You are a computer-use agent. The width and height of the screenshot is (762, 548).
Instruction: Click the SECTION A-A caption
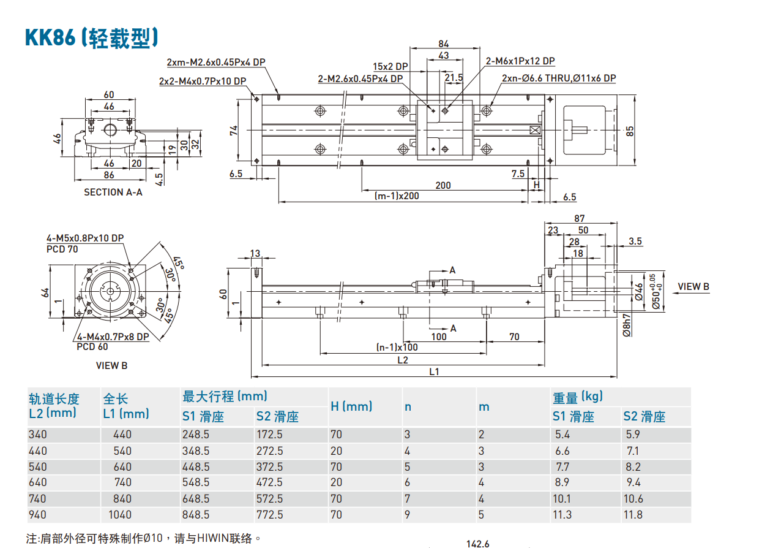point(113,192)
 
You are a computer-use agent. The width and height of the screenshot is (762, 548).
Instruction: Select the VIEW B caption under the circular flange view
point(111,365)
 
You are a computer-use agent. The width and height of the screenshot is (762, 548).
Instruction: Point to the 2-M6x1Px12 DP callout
point(520,61)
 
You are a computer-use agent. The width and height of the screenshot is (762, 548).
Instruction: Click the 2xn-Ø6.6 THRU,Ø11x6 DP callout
point(558,78)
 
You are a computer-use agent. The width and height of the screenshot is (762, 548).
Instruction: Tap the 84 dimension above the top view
point(444,44)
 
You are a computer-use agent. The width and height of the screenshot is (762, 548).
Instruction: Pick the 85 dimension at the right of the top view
point(630,131)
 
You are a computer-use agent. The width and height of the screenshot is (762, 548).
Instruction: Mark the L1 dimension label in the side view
point(434,371)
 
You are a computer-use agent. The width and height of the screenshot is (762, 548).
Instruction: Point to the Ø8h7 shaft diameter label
point(626,325)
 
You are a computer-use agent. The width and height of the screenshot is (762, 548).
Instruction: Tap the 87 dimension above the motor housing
point(579,218)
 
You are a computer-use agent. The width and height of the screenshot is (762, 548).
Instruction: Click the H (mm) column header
point(351,406)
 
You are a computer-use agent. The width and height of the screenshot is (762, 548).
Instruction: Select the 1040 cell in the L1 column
point(120,514)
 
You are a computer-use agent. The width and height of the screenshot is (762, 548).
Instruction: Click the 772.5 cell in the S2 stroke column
point(269,514)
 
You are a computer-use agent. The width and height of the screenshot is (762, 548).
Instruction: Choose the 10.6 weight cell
point(633,498)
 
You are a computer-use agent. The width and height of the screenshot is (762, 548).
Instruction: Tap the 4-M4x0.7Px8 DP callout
point(113,337)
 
